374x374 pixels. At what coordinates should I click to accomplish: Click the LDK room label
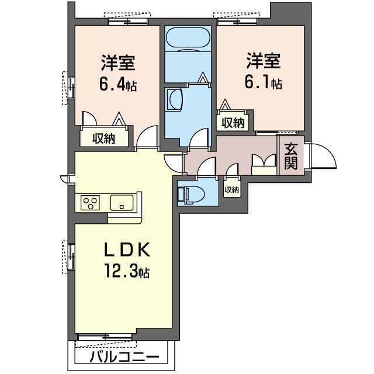tap(127, 250)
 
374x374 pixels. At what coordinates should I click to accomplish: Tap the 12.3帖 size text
tap(127, 271)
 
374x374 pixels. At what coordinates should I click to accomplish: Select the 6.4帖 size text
tap(118, 85)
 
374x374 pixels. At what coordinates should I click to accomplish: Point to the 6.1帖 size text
tap(264, 82)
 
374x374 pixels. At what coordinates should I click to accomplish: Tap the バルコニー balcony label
tap(124, 358)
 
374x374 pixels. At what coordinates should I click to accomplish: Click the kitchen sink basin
tap(122, 203)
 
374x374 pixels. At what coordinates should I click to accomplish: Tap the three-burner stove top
tap(90, 203)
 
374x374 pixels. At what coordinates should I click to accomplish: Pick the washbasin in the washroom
tap(175, 99)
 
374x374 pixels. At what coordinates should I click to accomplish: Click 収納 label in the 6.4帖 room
tap(104, 138)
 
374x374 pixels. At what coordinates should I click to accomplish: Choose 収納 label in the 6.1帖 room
tap(233, 123)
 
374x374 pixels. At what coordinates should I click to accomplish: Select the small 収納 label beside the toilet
tap(231, 190)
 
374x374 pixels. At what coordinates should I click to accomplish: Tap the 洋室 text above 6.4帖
tap(118, 63)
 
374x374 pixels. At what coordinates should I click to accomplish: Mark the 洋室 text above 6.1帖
tap(264, 61)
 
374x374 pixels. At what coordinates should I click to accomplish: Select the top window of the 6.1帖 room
tap(238, 22)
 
